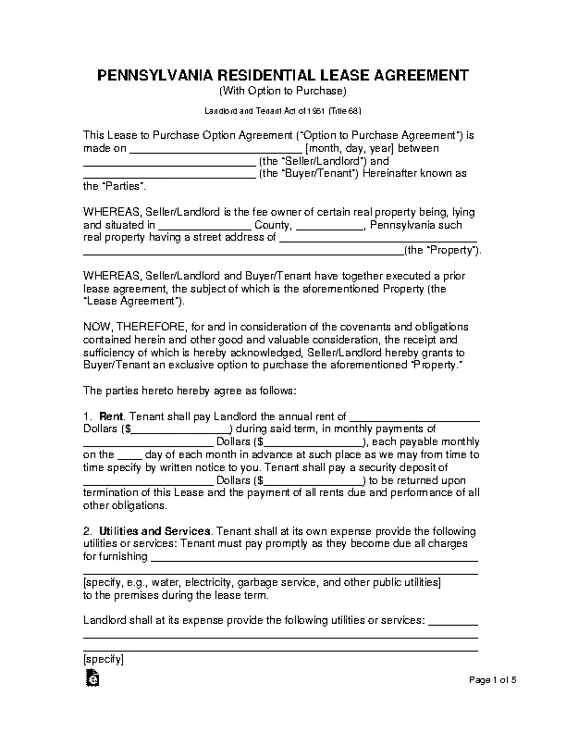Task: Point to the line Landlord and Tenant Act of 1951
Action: tap(282, 110)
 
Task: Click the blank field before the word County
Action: tap(204, 224)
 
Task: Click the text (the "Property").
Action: tap(443, 250)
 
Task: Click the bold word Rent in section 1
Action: tap(113, 416)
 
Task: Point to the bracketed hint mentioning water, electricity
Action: tap(262, 583)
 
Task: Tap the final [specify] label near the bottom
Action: tap(103, 660)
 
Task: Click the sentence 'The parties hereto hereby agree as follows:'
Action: tap(191, 391)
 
